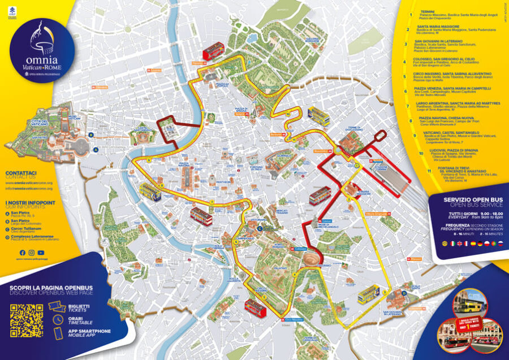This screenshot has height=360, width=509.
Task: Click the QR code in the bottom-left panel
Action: point(26,321)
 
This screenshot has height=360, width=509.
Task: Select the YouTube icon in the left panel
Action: point(41,253)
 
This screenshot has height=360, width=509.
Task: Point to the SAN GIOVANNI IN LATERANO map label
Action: point(392,314)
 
